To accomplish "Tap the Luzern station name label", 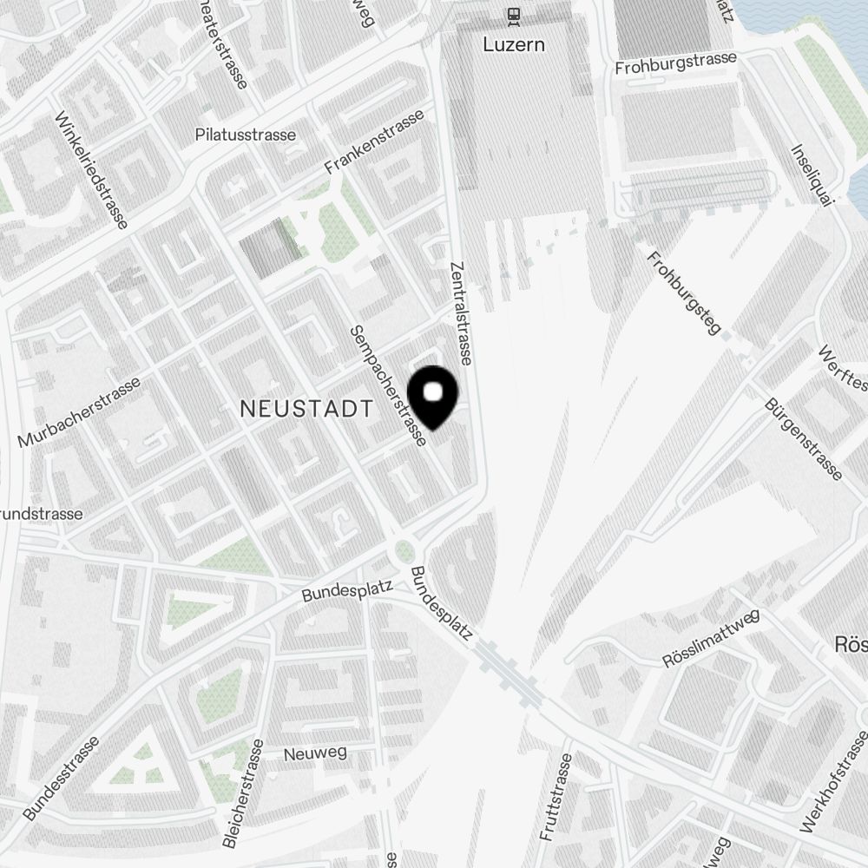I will [x=515, y=44].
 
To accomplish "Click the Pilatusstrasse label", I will [x=246, y=135].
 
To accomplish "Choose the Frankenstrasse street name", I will [x=375, y=141].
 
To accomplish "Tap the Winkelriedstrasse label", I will [x=91, y=171].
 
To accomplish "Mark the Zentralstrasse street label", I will [x=461, y=312].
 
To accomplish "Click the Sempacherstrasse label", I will [x=387, y=386].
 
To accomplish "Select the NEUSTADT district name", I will [x=306, y=409].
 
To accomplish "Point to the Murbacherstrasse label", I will [x=79, y=412].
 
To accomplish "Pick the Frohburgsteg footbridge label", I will [x=685, y=293].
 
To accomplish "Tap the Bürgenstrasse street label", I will [x=803, y=439].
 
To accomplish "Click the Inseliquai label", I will [x=812, y=175].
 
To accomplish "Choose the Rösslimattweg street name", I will [x=711, y=639].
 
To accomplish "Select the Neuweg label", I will [x=309, y=754].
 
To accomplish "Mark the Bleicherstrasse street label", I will [x=244, y=793].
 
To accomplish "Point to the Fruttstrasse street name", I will [x=556, y=797].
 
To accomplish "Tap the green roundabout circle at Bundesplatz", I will [x=404, y=550].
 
